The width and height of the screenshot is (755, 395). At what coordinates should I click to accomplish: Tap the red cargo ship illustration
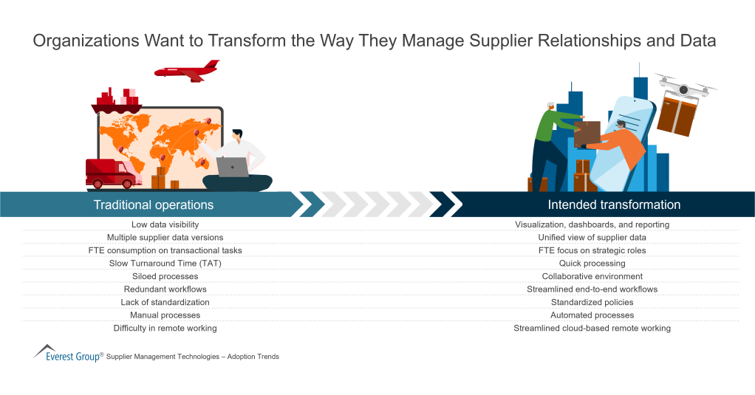tap(117, 101)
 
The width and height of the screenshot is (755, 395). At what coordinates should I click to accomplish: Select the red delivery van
tap(110, 173)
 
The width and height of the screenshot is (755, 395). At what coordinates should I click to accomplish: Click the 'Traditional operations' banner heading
tap(154, 205)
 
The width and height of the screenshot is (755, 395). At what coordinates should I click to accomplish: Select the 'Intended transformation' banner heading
tap(614, 205)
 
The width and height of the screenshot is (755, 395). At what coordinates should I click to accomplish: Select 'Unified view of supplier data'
tap(592, 238)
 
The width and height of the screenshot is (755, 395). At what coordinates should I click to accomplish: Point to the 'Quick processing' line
tap(592, 264)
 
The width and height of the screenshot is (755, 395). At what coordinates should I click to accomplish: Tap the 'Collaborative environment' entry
tap(592, 276)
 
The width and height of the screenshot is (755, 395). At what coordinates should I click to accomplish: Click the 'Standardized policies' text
tap(592, 303)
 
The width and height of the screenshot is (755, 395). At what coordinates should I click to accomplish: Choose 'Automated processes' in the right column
tap(592, 315)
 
